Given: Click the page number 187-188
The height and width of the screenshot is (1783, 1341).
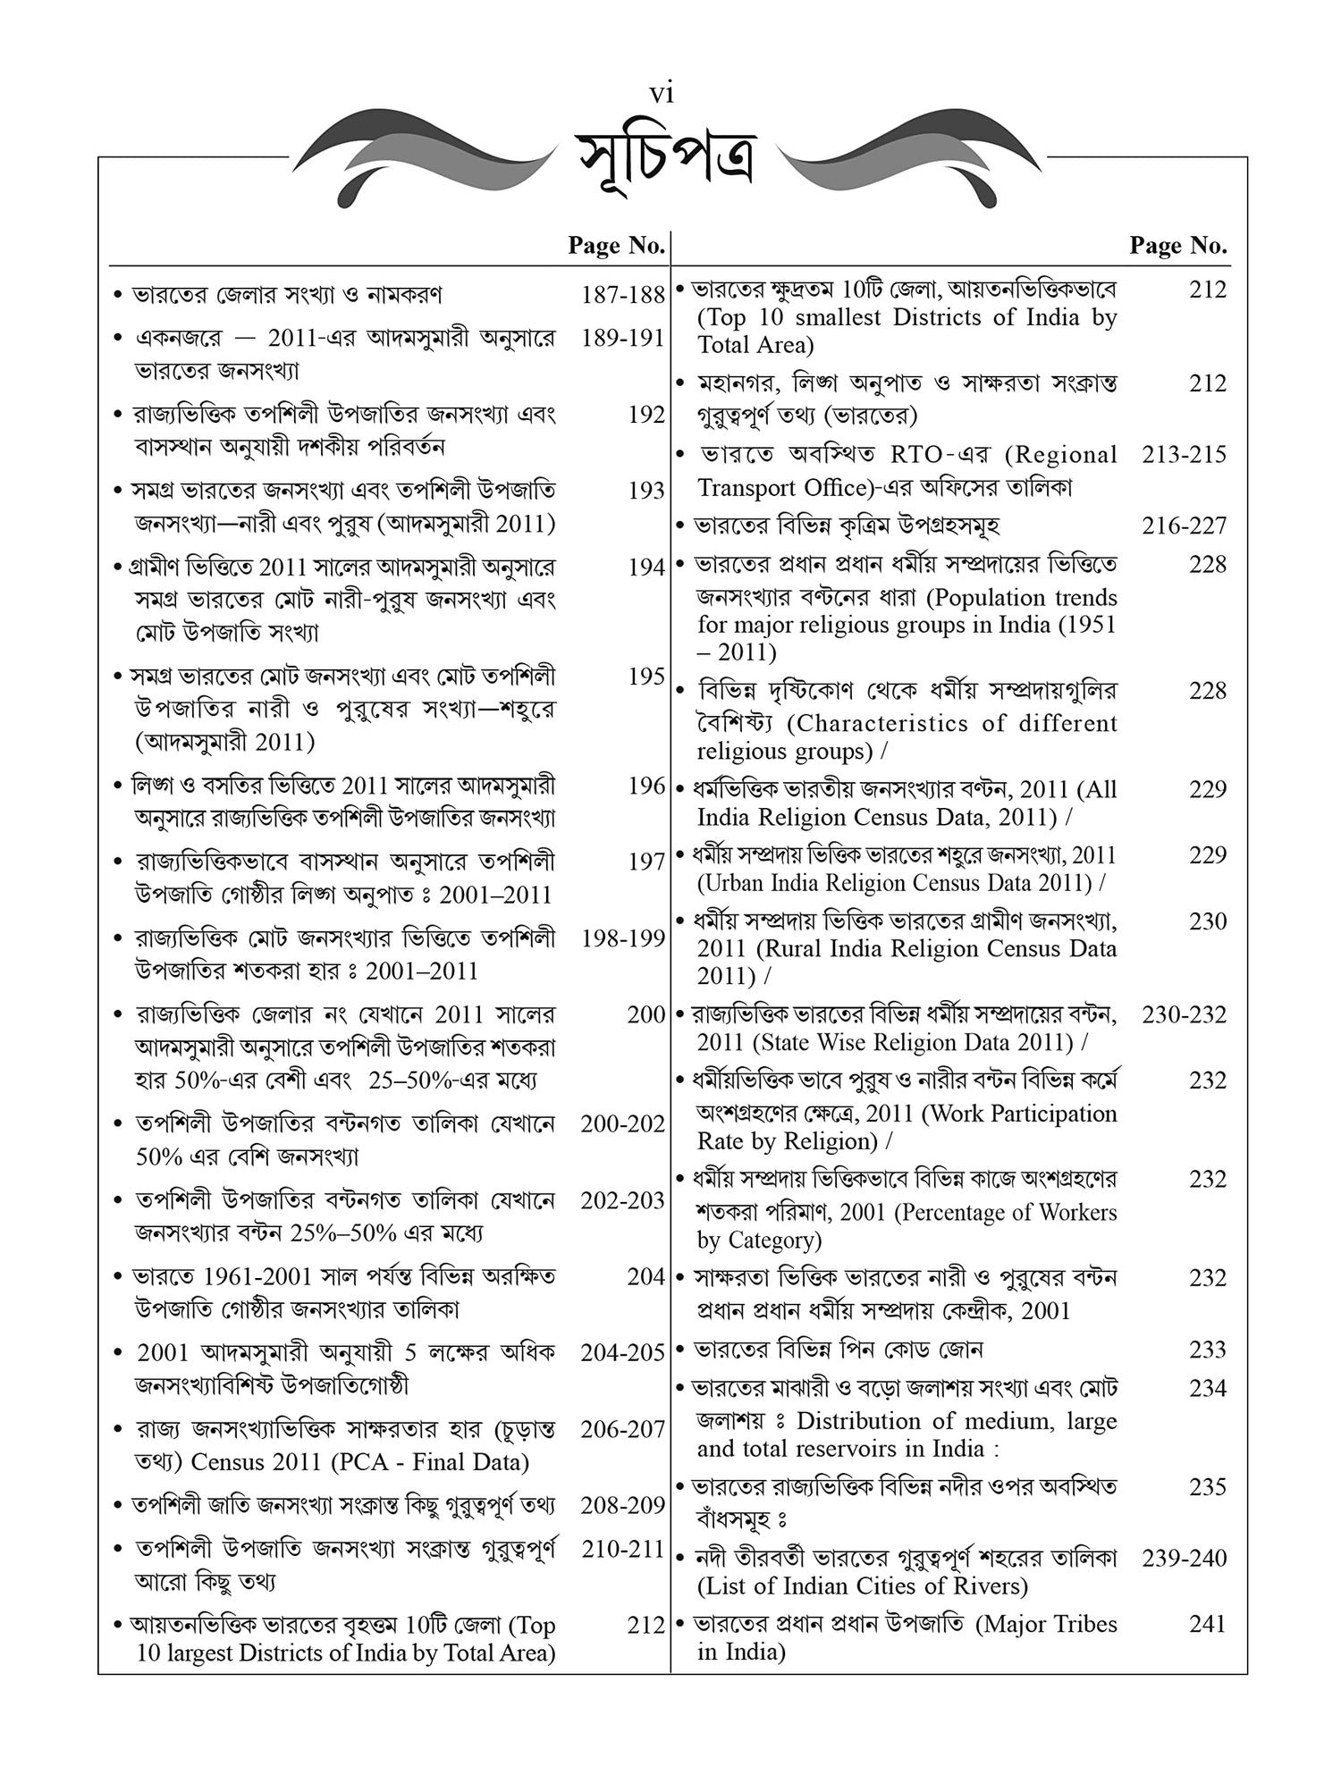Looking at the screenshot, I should tap(622, 295).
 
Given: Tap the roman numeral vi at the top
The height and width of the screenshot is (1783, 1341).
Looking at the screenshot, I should tap(662, 93).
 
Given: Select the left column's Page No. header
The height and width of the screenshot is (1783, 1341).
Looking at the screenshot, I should tap(616, 245).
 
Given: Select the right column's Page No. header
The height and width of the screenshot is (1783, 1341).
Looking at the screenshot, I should tap(1177, 245).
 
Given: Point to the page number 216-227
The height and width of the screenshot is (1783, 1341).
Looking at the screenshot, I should tap(1184, 526).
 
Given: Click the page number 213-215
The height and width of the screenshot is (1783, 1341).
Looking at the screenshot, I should tap(1184, 454).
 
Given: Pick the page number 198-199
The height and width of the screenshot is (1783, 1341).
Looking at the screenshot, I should tap(622, 938).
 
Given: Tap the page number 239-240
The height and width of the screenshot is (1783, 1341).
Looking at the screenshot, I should tap(1184, 1558).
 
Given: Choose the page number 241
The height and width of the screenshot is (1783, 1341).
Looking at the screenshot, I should tap(1207, 1624).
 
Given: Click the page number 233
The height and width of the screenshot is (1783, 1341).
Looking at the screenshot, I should tap(1207, 1350).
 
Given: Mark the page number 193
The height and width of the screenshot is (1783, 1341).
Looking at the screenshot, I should tap(645, 490).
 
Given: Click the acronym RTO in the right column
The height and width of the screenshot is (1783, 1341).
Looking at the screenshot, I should tap(916, 455).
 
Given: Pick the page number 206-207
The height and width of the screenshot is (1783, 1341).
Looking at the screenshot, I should tap(622, 1430).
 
